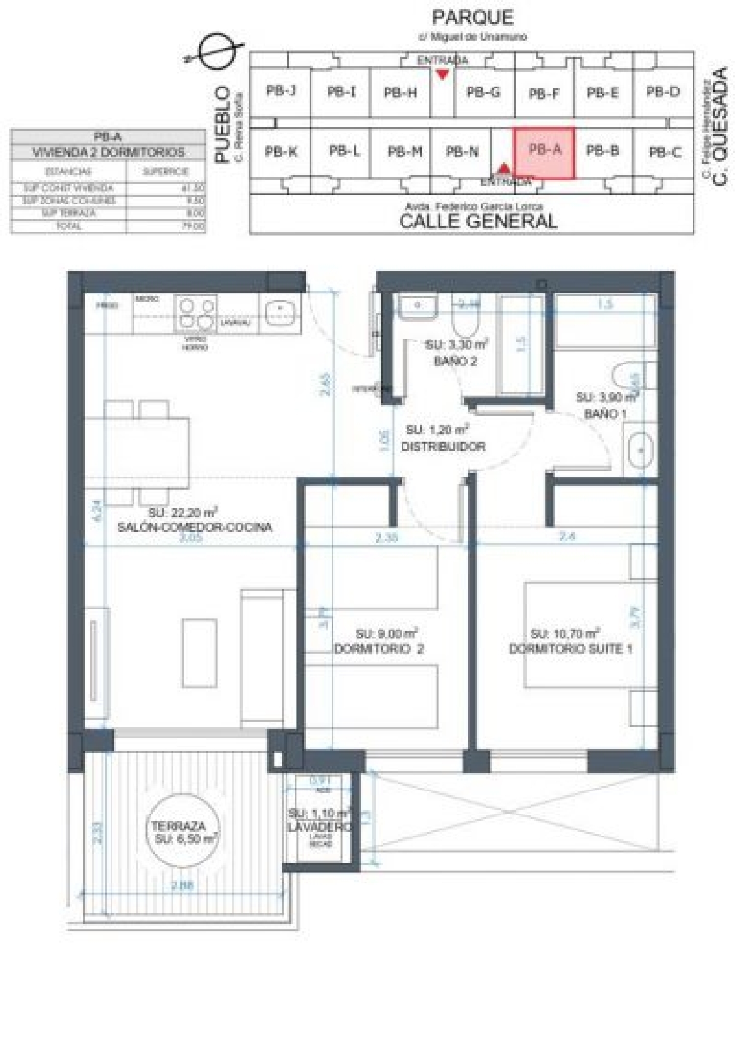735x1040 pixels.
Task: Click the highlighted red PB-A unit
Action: tap(544, 153)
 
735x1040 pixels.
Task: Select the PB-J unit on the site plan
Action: tap(281, 91)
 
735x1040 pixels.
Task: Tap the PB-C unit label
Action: tap(665, 152)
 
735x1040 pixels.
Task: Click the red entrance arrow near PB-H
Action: tap(443, 74)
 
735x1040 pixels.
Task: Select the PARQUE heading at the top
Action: tap(472, 18)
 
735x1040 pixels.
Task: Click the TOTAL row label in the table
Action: tap(69, 226)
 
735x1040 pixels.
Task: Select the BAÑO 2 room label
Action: tap(455, 361)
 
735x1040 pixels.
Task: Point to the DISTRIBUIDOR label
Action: tap(443, 447)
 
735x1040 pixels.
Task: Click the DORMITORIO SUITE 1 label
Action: tap(570, 649)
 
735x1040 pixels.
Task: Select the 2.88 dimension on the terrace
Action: tap(182, 885)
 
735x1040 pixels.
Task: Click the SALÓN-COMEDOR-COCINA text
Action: tap(195, 527)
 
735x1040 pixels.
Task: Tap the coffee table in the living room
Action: tap(199, 653)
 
